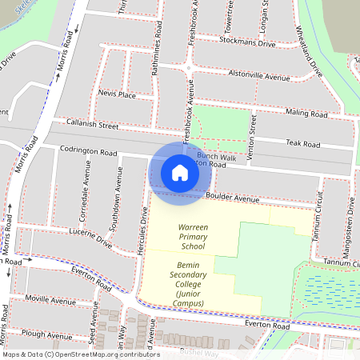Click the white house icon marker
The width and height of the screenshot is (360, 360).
pos(180,172)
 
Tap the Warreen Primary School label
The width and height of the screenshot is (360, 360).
pos(193,236)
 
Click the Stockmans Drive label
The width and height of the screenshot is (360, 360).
pos(249,44)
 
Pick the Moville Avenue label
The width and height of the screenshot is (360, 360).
pos(50,298)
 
